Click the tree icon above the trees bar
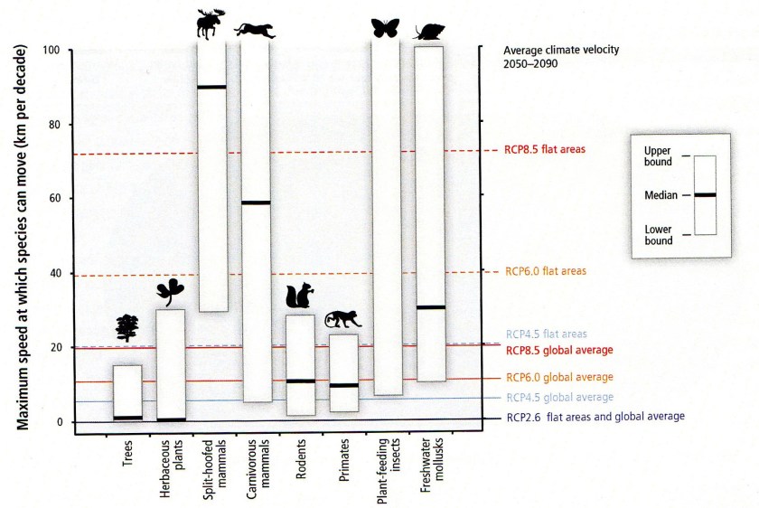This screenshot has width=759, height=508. [x=127, y=327]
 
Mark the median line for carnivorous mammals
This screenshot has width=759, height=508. [x=256, y=202]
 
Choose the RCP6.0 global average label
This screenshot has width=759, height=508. [x=561, y=376]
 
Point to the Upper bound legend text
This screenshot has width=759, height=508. [x=657, y=155]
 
